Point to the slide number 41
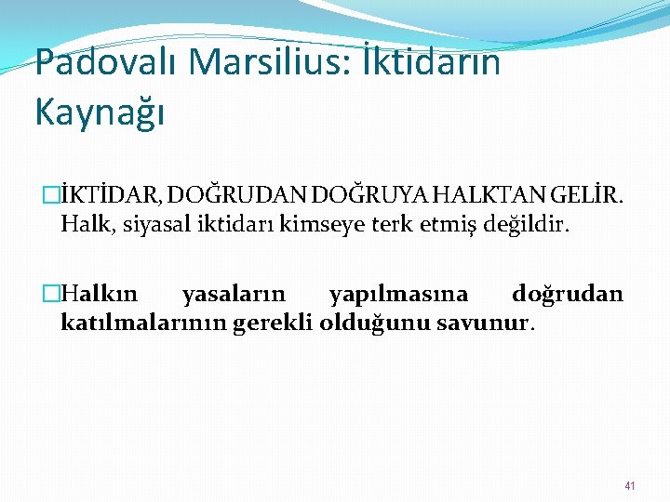630,486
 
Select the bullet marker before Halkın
52,296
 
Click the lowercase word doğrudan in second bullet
567,296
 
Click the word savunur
492,324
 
